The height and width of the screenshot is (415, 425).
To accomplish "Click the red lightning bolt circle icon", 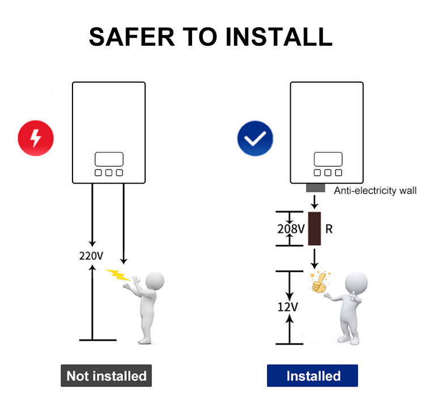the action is point(36,138).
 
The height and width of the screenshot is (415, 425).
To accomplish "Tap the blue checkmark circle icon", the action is point(254,138).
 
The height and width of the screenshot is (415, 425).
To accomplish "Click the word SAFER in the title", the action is point(128,36).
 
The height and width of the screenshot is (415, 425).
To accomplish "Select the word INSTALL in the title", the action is point(279,36).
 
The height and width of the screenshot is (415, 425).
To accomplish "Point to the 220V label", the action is point(91,256).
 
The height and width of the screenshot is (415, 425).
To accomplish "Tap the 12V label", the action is point(288,307).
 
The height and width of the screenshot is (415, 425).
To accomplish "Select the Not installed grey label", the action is point(107,375).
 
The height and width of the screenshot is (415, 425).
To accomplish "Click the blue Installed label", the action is point(313,375).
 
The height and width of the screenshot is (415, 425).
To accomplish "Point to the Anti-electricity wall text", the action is point(375,190).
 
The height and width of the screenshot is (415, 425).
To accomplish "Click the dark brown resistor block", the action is point(314,228).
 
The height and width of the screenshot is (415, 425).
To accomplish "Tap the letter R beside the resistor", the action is point(329,229).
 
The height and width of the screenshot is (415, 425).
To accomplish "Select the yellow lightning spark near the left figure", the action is point(118,274).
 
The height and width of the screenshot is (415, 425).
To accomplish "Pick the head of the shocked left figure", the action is point(154,280).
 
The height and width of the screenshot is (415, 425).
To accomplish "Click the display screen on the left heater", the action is point(109,159).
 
